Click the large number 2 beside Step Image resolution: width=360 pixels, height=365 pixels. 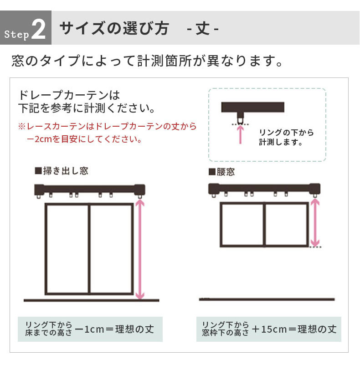pos(39,30)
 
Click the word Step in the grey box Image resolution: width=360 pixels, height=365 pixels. pos(17,34)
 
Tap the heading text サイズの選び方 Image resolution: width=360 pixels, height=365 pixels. pos(113,28)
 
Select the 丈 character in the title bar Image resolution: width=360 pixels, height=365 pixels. pos(203,29)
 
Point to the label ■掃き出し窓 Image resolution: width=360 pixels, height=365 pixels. pos(62,171)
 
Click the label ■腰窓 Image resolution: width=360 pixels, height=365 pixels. pos(222,172)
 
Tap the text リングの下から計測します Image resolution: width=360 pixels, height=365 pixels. pos(286,137)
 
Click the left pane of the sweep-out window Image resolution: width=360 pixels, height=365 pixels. pos(67,249)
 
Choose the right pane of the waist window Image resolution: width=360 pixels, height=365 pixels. pos(286,225)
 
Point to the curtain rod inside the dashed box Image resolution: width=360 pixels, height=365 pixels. pos(253,108)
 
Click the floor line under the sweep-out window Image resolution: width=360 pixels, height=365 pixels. pos(91,300)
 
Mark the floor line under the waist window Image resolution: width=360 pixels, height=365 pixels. pos(267,299)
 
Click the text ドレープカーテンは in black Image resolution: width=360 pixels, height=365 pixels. pos(69,95)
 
